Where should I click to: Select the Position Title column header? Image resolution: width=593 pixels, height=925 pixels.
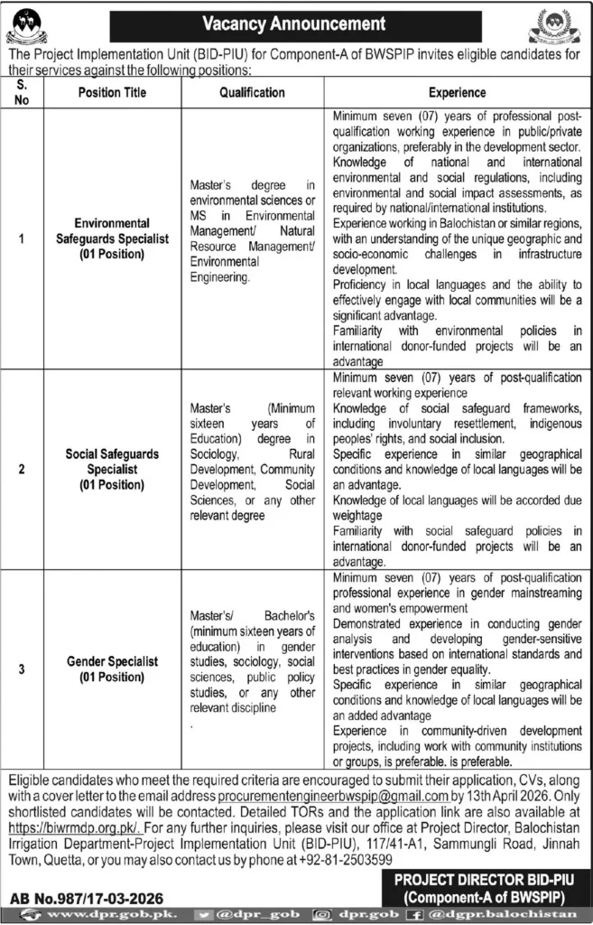[x=113, y=92]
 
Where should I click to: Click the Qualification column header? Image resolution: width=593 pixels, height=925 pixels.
[x=252, y=92]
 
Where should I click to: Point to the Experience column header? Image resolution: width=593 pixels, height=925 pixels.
[x=457, y=92]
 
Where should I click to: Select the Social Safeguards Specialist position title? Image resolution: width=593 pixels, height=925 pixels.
[x=113, y=471]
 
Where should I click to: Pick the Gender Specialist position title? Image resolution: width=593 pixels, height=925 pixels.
[x=113, y=668]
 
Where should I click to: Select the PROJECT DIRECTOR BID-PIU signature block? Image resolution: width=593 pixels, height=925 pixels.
[x=484, y=885]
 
